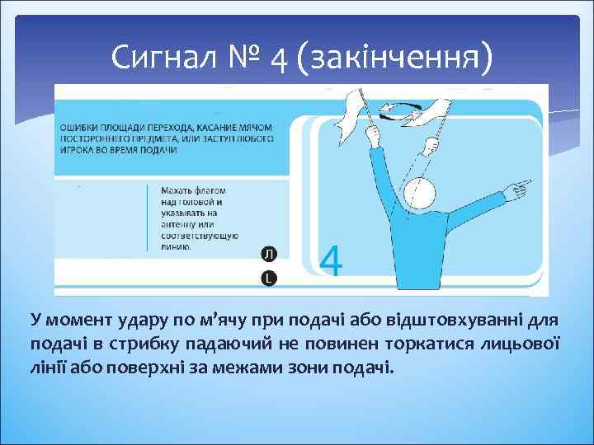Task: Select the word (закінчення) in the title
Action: tap(400, 58)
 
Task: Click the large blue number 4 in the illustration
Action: tap(331, 261)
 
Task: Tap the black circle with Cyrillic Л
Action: tap(268, 253)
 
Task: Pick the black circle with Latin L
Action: tap(268, 279)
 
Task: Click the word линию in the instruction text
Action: tap(177, 246)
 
